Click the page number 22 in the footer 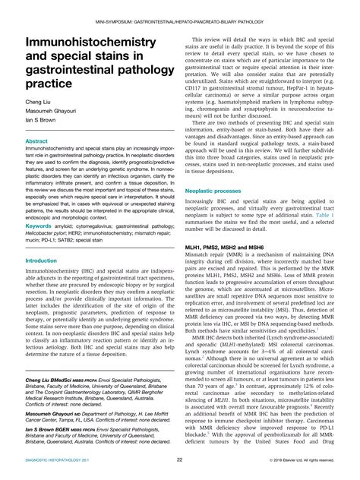[179, 459]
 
